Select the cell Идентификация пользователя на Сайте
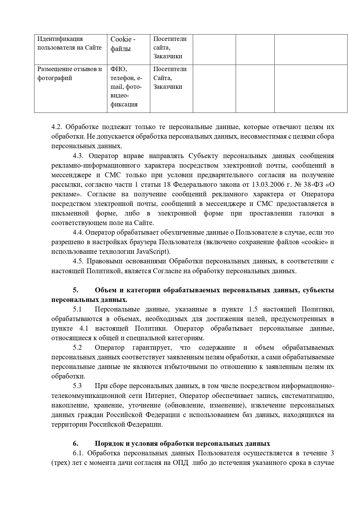tap(69, 43)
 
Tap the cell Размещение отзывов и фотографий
tap(69, 74)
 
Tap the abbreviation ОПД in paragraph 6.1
tap(180, 463)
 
